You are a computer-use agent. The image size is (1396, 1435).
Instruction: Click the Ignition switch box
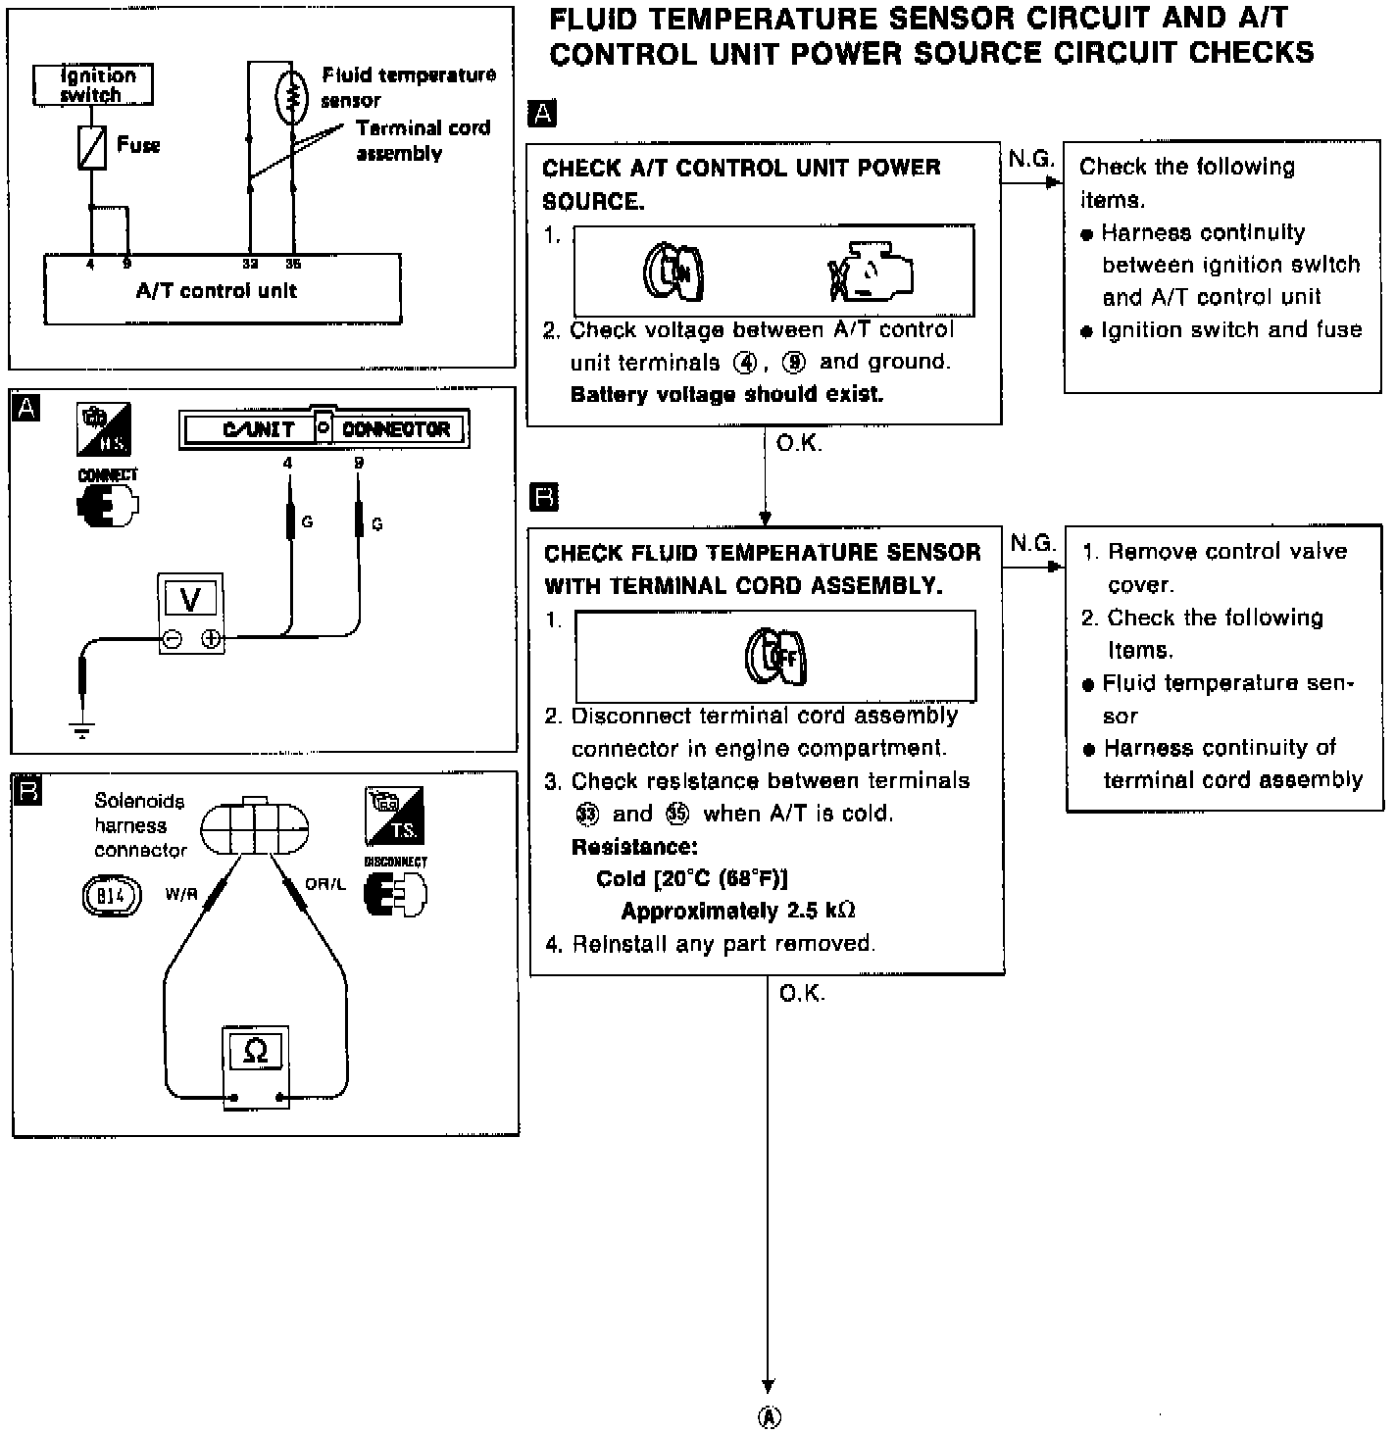[x=93, y=85]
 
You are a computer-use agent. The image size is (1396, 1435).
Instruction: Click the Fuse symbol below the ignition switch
[x=92, y=148]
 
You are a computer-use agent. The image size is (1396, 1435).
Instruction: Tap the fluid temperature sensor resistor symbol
[x=291, y=95]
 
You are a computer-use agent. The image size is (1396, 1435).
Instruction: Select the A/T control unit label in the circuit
[x=216, y=291]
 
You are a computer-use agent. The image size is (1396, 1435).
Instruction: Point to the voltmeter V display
[x=191, y=598]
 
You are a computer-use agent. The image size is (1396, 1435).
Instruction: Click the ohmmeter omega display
[x=255, y=1052]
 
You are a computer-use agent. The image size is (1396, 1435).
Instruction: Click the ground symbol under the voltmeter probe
[x=82, y=729]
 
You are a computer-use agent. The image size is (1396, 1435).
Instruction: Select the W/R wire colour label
[x=181, y=894]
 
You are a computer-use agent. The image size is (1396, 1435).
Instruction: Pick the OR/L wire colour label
[x=325, y=884]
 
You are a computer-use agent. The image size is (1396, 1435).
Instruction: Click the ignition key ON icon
[x=673, y=271]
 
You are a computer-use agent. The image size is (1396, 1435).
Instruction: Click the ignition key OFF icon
[x=775, y=657]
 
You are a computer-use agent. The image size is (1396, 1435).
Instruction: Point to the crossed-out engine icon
[x=870, y=272]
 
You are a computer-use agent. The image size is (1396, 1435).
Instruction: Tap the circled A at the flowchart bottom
[x=770, y=1417]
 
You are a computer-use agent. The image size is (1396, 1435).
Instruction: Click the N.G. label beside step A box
[x=1030, y=159]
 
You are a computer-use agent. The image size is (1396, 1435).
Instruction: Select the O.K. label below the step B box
[x=802, y=994]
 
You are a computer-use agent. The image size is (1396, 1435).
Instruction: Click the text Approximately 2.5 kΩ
[x=738, y=911]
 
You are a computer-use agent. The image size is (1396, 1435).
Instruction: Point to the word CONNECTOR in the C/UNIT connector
[x=396, y=429]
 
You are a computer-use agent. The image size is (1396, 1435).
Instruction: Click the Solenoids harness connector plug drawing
[x=254, y=827]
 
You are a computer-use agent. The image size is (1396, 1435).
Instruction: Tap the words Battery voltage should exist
[x=726, y=395]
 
